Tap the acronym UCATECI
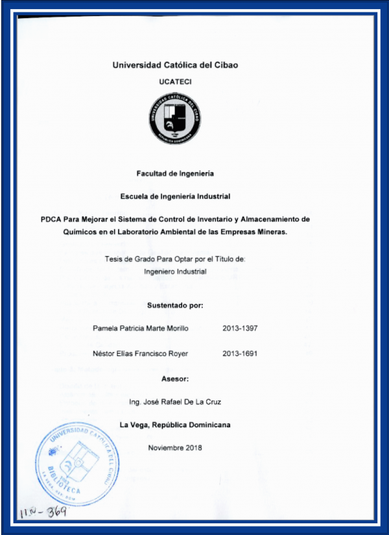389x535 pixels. click(x=174, y=81)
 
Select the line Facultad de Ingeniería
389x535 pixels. click(x=175, y=173)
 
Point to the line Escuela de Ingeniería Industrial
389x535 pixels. click(x=175, y=195)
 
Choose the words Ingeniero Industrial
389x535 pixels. click(x=175, y=271)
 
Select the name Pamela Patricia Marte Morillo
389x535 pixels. click(x=141, y=329)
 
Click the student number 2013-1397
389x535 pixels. click(x=240, y=329)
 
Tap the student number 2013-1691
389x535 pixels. click(x=240, y=354)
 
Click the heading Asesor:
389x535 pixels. click(x=175, y=378)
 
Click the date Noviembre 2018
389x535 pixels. click(x=175, y=448)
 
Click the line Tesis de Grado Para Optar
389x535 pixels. click(x=175, y=259)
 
